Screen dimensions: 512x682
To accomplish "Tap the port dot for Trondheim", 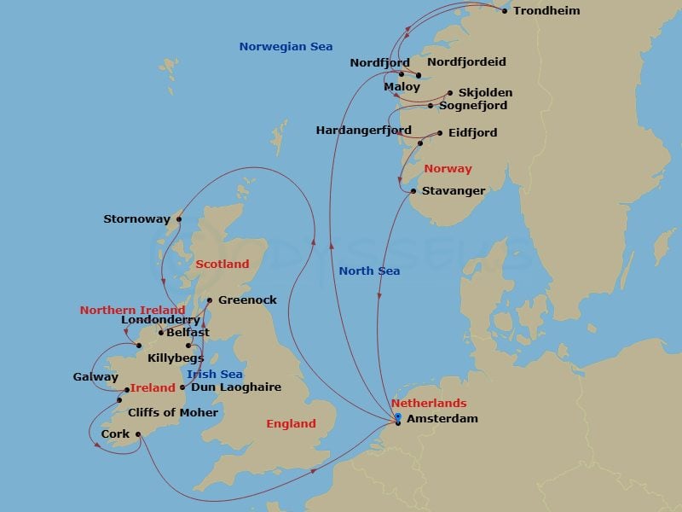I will tap(505, 11).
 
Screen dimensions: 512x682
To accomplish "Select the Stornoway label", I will tap(136, 219).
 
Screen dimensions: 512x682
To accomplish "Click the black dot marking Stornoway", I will tap(179, 219).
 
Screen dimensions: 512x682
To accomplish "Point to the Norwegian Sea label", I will tap(286, 47).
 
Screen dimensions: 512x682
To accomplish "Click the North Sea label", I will tap(369, 271).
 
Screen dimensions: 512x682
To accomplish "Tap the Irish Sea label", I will tap(215, 375).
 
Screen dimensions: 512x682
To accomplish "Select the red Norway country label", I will tap(448, 169).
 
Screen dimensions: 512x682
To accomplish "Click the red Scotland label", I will tap(223, 265).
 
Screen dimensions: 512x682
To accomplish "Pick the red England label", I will tap(291, 424).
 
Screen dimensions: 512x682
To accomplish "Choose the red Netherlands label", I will tap(429, 403).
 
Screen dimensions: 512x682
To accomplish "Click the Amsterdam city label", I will tap(442, 419).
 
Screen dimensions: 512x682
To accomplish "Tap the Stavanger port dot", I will tap(413, 191).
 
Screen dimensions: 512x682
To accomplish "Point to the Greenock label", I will tap(247, 300).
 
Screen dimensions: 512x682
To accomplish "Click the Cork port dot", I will tap(137, 434).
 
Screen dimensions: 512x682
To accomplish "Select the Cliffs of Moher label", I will tap(173, 413).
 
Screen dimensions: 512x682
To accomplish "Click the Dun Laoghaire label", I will tap(236, 387).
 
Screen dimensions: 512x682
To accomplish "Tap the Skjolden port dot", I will tap(450, 93).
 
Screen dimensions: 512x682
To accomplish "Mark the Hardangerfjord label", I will tap(363, 131).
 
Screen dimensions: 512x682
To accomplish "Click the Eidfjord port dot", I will tap(440, 133).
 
